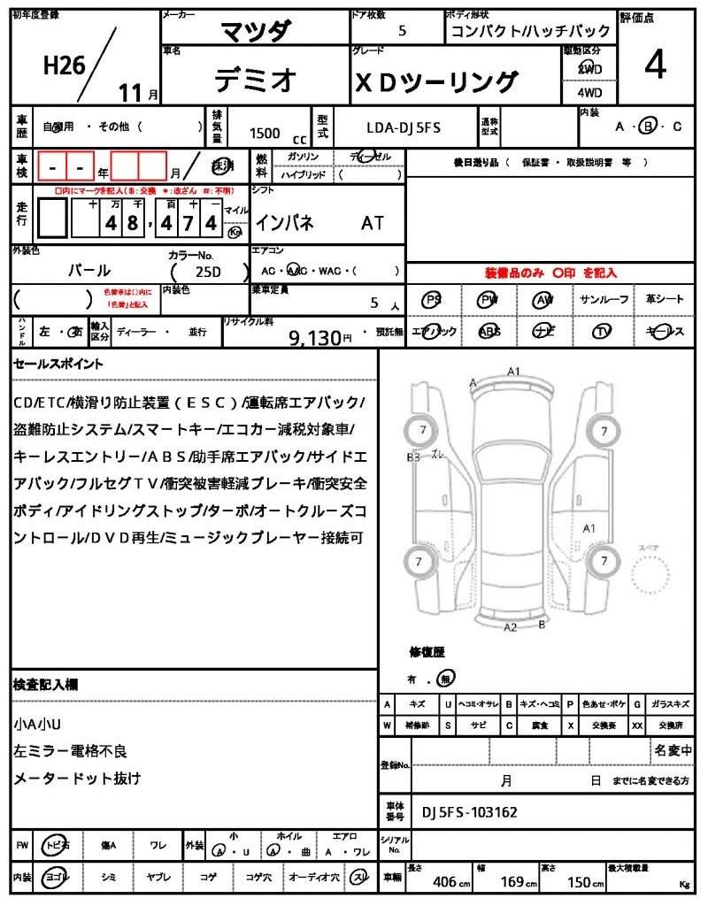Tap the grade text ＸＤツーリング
(x=436, y=82)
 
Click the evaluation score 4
(x=655, y=66)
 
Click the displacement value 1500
(x=265, y=133)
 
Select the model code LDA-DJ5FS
(x=404, y=127)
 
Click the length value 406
(x=444, y=881)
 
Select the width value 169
(x=513, y=881)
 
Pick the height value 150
(x=579, y=881)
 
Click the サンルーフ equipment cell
(x=604, y=300)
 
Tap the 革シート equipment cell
(x=664, y=300)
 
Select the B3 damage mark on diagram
(x=413, y=457)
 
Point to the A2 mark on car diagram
(x=510, y=627)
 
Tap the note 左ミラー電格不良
(x=71, y=751)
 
